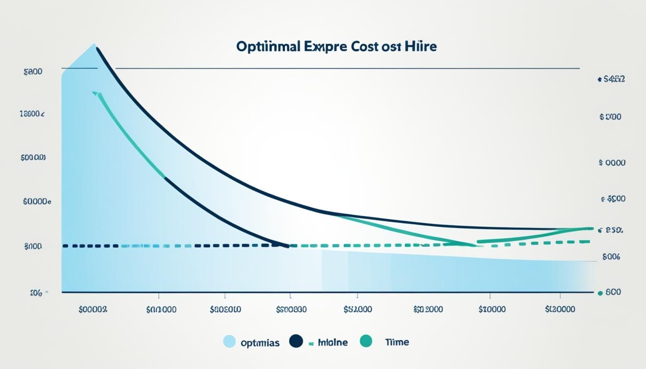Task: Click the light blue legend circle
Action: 230,342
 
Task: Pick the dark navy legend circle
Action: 296,342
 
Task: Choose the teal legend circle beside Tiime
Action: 366,342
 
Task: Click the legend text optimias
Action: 260,343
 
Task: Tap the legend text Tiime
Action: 397,342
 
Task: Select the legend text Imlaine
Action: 332,342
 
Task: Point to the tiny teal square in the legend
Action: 311,343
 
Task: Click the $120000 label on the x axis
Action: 560,309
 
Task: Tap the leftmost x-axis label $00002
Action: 93,309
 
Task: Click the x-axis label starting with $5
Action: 358,309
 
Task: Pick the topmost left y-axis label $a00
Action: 33,72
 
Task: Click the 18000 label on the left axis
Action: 32,114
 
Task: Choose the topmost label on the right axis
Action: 611,79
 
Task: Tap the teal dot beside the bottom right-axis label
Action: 599,292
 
